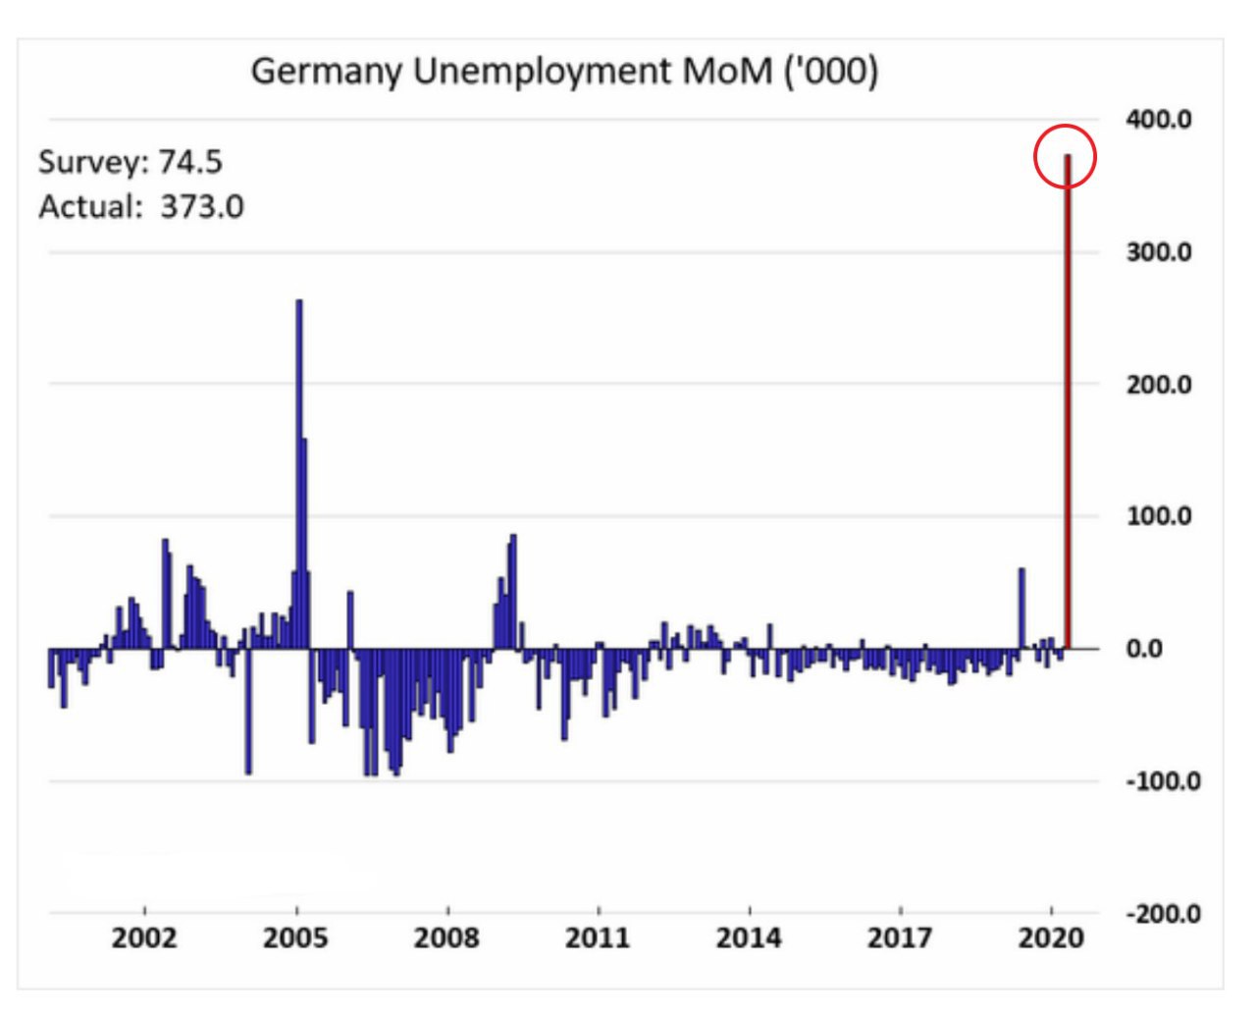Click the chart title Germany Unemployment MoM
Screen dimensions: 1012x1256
[x=564, y=73]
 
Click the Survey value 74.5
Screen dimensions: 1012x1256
[x=190, y=162]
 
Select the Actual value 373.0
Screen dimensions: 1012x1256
[x=202, y=207]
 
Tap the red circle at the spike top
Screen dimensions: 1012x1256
[x=1065, y=156]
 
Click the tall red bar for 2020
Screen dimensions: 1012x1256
[x=1068, y=412]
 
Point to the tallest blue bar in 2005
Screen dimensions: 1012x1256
[x=298, y=471]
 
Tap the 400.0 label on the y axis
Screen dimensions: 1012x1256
[x=1159, y=120]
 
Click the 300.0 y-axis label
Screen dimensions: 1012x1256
[x=1159, y=252]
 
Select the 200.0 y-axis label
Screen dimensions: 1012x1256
[x=1159, y=385]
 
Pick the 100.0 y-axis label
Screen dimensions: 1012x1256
[x=1159, y=516]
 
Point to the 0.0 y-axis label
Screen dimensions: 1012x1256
[x=1144, y=649]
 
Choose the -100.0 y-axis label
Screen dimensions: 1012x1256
[x=1162, y=781]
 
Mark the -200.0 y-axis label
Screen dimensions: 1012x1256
[x=1162, y=914]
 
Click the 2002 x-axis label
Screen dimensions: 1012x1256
[x=144, y=938]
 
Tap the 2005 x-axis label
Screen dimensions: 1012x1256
[x=295, y=938]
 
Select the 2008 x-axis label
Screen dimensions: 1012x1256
[x=446, y=938]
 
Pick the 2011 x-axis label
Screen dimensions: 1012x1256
[x=598, y=938]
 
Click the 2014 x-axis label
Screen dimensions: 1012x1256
[x=749, y=938]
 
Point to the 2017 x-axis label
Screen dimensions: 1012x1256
[x=900, y=938]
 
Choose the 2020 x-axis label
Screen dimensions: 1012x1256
[x=1051, y=938]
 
